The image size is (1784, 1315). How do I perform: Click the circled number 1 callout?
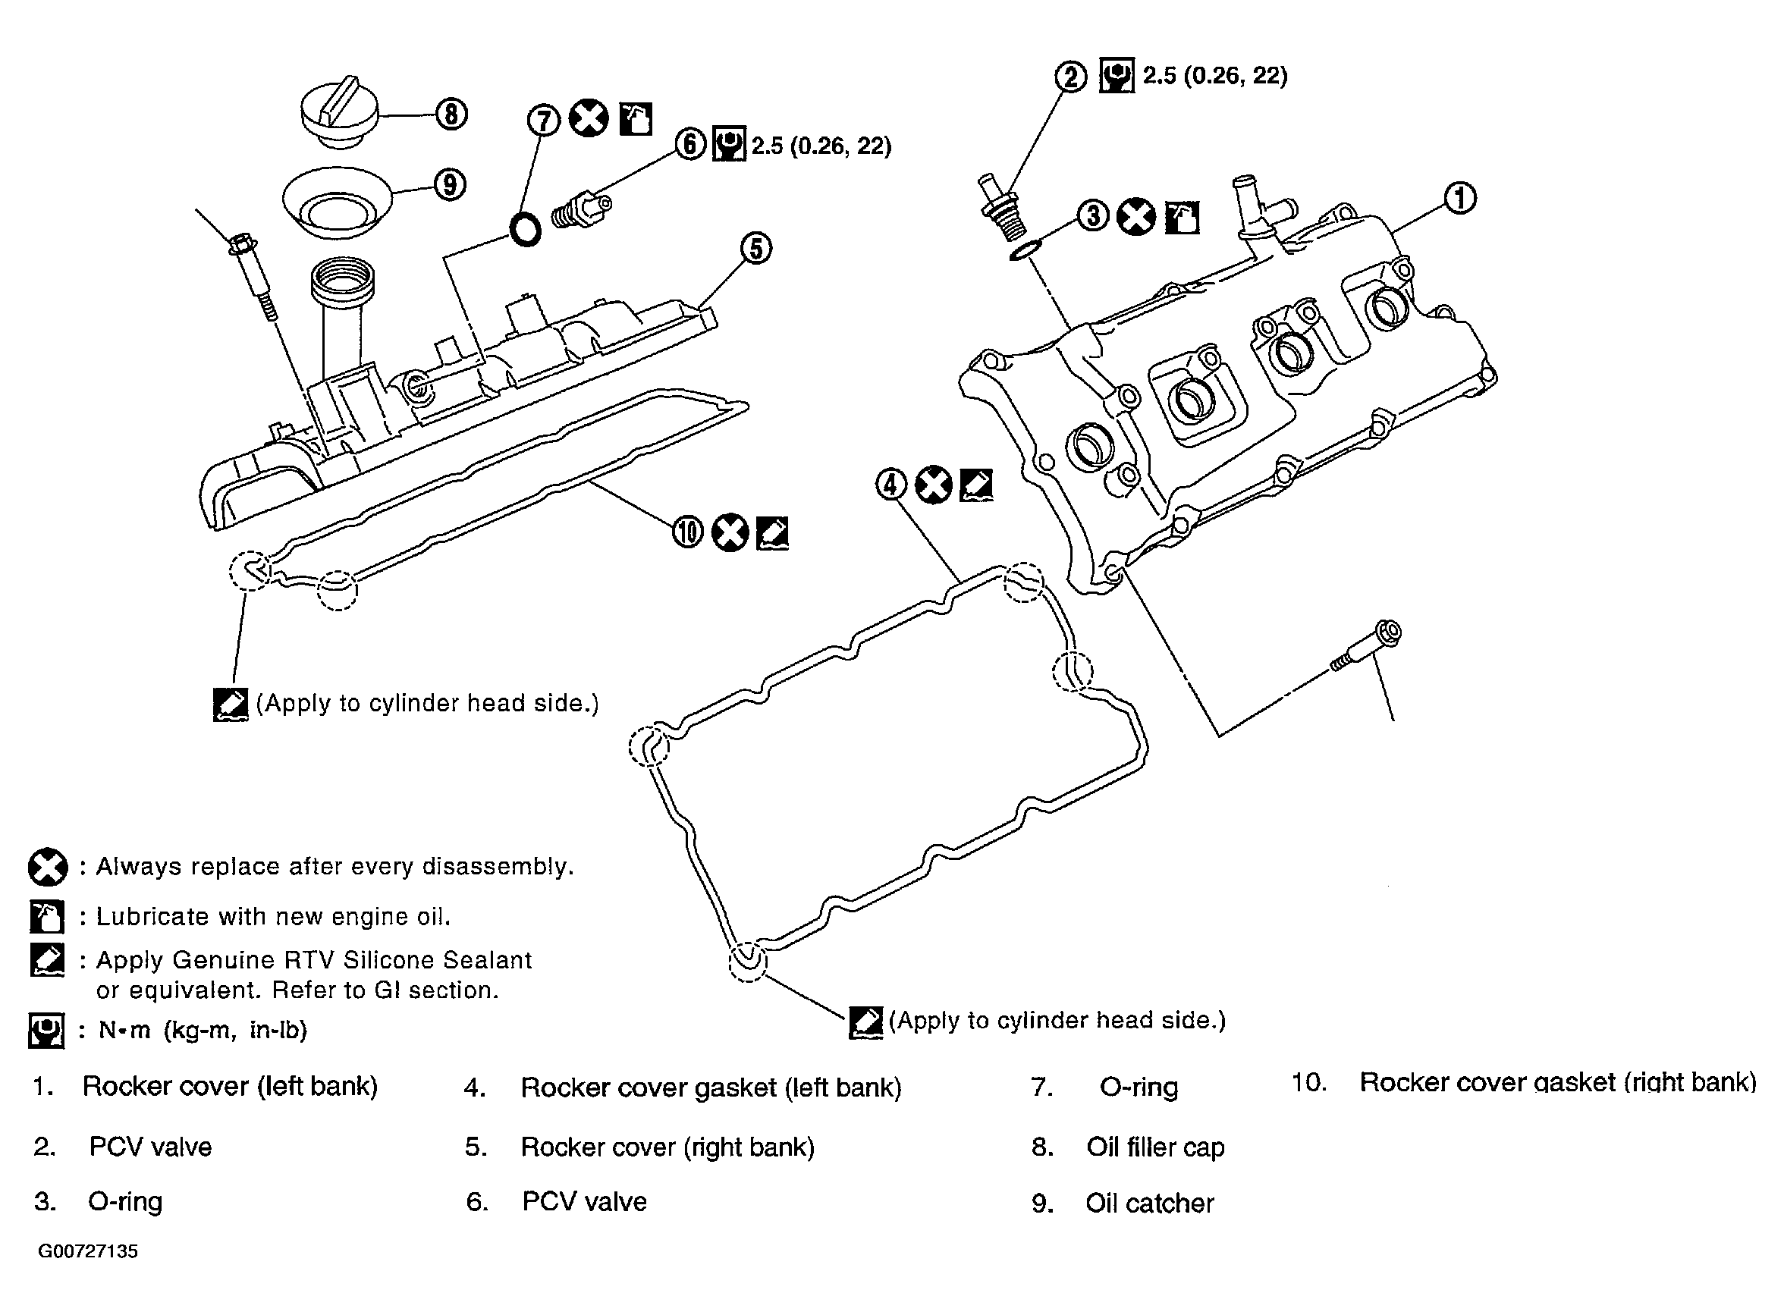click(1459, 197)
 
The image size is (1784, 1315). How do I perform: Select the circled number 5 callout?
click(755, 247)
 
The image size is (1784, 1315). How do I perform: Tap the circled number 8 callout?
click(451, 115)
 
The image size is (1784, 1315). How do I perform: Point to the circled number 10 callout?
click(688, 532)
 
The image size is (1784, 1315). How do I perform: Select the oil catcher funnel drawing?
click(338, 202)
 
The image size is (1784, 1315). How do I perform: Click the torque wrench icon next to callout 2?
click(1116, 76)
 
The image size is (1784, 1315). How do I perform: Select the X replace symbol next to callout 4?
click(934, 484)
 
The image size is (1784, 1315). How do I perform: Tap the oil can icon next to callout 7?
click(636, 118)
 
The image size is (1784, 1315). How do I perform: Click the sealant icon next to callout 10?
click(771, 532)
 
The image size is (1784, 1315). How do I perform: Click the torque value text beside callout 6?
click(821, 146)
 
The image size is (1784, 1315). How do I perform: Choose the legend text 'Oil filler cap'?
click(1155, 1147)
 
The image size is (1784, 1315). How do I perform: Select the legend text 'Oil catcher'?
click(1150, 1203)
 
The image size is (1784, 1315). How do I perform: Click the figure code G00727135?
click(87, 1251)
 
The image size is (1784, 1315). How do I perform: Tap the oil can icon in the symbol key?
click(46, 916)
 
